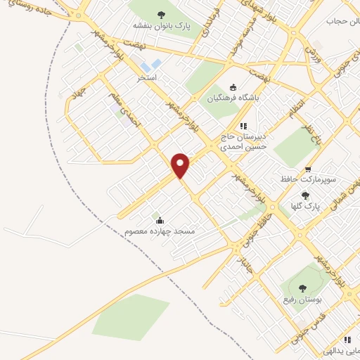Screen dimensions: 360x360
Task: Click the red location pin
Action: coord(181,166)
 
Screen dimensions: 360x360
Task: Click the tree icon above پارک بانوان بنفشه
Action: coord(161,14)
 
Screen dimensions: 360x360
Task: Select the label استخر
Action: coord(147,76)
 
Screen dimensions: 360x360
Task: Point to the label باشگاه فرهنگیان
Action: coord(232,98)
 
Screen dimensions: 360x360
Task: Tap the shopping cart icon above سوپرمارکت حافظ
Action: coord(309,169)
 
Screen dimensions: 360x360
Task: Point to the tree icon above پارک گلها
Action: coord(304,195)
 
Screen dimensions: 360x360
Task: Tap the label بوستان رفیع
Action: coord(302,300)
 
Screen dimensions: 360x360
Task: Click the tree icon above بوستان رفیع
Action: coord(302,288)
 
